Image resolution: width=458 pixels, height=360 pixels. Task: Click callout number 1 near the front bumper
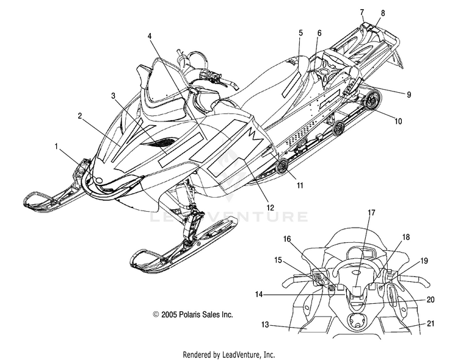(57, 146)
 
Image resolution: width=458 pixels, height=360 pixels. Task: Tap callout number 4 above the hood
(150, 36)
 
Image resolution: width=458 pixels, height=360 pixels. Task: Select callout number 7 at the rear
(362, 12)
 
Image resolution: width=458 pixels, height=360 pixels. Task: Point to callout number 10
(398, 121)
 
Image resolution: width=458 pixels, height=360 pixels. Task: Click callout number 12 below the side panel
(271, 207)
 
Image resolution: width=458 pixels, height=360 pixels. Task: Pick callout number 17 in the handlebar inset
(371, 212)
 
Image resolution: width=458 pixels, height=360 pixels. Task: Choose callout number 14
(259, 295)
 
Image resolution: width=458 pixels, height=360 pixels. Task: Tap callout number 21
(431, 323)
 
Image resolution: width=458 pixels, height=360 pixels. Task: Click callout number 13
(265, 325)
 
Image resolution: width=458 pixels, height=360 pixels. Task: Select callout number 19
(424, 261)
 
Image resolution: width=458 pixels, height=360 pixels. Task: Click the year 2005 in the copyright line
(169, 314)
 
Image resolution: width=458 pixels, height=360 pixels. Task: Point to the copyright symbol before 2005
(156, 314)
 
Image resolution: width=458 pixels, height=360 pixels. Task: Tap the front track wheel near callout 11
(282, 167)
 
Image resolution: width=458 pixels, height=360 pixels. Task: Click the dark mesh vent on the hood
(158, 142)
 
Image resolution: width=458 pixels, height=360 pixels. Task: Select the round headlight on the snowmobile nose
(100, 181)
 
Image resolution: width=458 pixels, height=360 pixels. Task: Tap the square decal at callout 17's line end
(357, 290)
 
